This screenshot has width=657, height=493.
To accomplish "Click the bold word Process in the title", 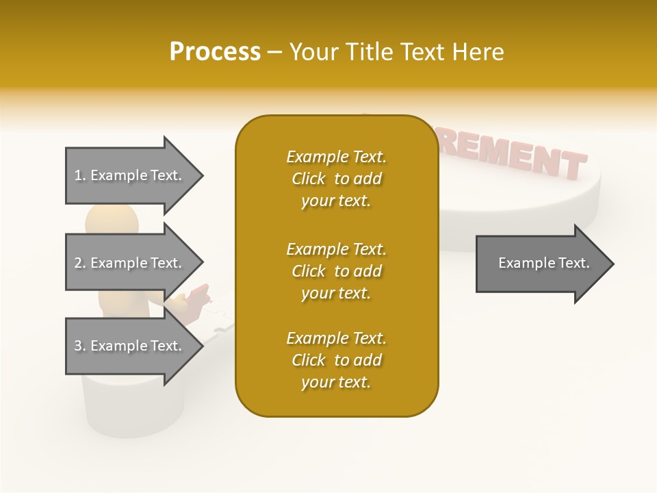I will pos(215,52).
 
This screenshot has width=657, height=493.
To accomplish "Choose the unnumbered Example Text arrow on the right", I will pos(540,263).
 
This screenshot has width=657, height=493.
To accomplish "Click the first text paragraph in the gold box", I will pos(336,179).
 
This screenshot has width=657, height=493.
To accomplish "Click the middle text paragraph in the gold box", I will pos(336,270).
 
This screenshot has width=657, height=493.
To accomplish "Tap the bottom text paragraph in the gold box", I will pos(336,360).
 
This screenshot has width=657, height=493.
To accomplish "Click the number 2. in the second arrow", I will pos(80,263).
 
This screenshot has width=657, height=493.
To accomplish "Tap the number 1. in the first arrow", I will pos(80,175).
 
